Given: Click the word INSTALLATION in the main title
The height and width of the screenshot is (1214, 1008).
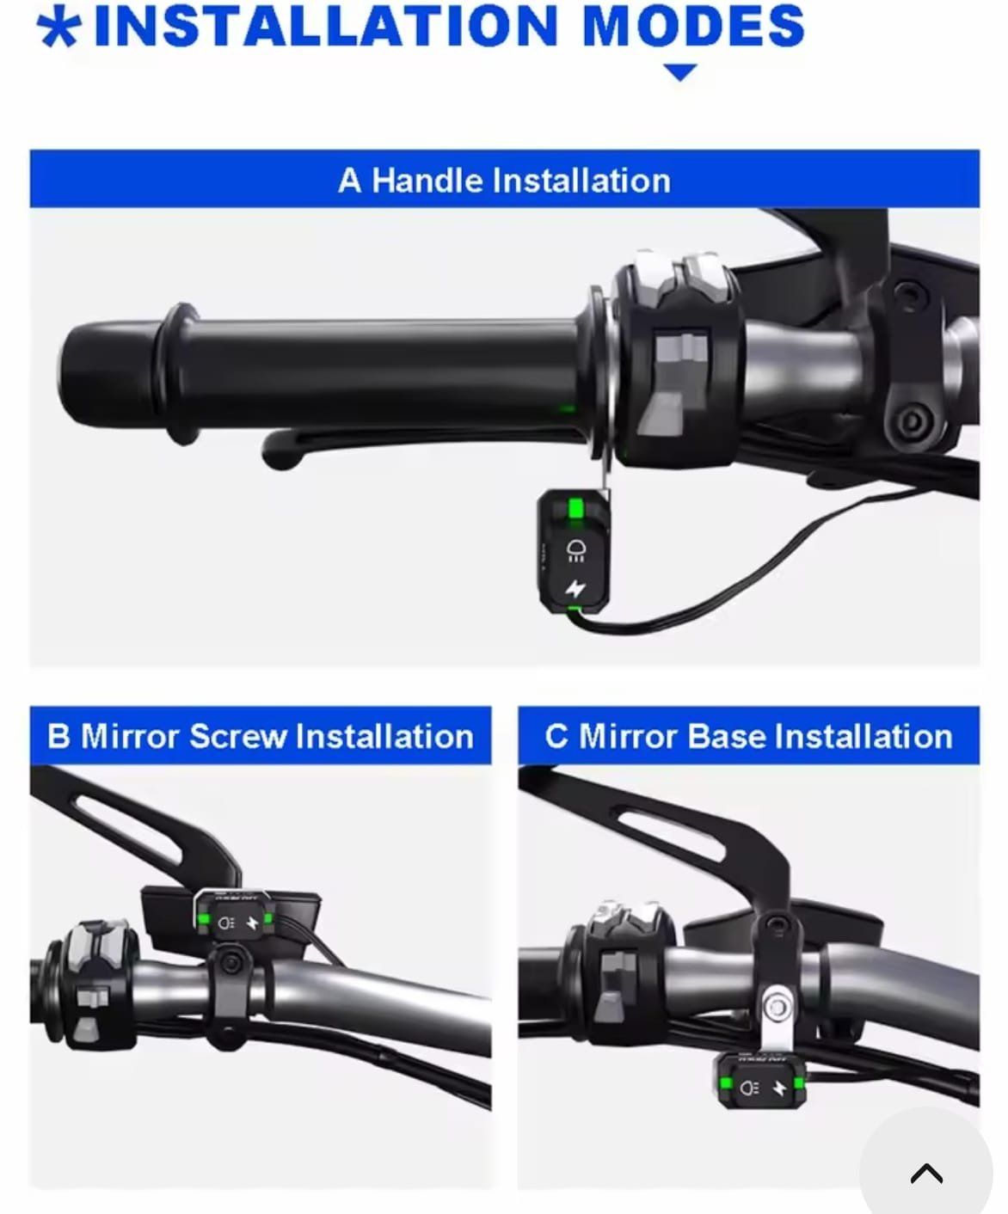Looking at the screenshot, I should [x=326, y=26].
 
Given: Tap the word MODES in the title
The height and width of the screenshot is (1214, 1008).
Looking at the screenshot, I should [x=693, y=26].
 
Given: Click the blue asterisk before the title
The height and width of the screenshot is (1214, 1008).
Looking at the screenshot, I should [x=59, y=28].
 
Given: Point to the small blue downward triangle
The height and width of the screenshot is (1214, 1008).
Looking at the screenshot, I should [x=679, y=72].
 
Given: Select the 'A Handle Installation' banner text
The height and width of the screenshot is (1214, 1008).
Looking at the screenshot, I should [x=504, y=181].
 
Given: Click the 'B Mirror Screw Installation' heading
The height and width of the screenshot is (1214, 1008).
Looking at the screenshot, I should [x=261, y=737].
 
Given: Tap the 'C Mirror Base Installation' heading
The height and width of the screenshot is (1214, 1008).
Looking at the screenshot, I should [x=748, y=737].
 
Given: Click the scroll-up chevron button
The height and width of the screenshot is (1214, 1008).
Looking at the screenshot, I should [x=926, y=1173].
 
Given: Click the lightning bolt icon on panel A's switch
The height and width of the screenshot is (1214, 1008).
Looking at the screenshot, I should [x=575, y=588].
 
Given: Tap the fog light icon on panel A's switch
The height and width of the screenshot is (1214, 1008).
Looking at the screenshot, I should [x=576, y=550].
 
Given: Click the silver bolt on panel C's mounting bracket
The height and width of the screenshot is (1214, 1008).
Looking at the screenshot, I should [x=777, y=1005].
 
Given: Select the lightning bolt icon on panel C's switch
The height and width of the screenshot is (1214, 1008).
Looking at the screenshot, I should [x=779, y=1088].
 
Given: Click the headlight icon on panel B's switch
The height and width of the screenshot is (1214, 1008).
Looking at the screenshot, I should [x=226, y=923].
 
